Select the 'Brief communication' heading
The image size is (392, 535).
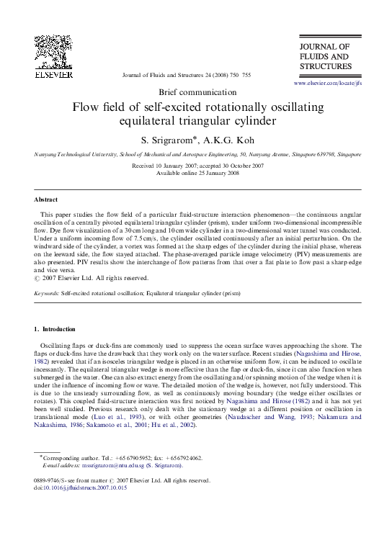[197, 93]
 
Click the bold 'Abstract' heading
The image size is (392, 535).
[46, 199]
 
